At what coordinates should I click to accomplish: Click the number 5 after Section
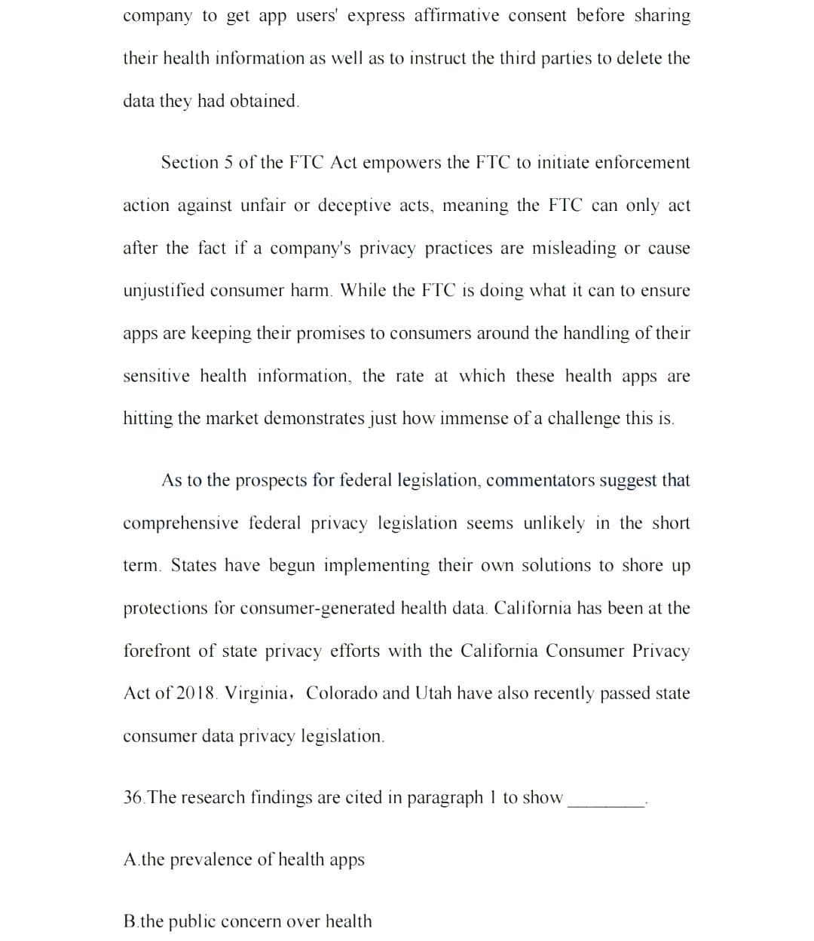coord(228,163)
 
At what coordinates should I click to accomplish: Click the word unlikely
coord(554,524)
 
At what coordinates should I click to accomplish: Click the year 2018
coord(195,694)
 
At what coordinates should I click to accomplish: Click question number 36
coord(133,798)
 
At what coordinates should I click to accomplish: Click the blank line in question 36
coord(606,803)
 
